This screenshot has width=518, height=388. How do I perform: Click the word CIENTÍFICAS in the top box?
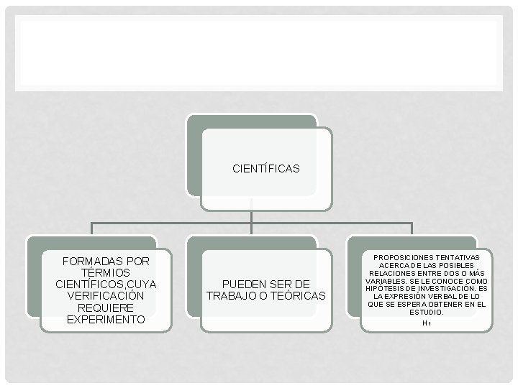pyautogui.click(x=265, y=170)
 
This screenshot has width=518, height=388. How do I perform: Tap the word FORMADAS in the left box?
pyautogui.click(x=85, y=261)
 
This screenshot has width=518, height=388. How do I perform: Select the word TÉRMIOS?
pyautogui.click(x=106, y=272)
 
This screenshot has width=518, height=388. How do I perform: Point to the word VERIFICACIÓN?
pyautogui.click(x=106, y=296)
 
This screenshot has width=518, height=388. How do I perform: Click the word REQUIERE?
pyautogui.click(x=106, y=308)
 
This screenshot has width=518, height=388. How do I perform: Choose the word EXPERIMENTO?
pyautogui.click(x=106, y=319)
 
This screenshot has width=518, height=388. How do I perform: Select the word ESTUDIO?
pyautogui.click(x=426, y=313)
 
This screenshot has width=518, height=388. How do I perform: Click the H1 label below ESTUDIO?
pyautogui.click(x=427, y=323)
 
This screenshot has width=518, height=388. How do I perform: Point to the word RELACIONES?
pyautogui.click(x=392, y=272)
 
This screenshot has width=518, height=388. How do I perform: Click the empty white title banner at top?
pyautogui.click(x=259, y=54)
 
